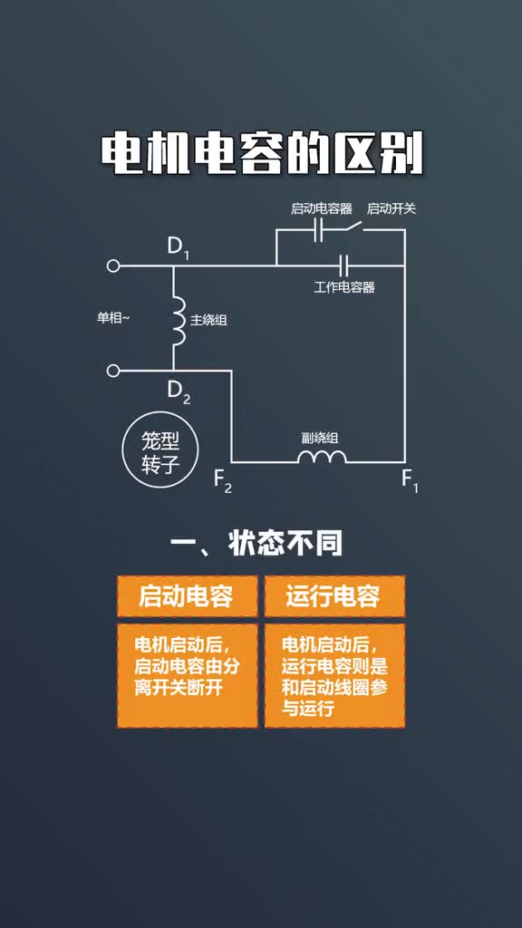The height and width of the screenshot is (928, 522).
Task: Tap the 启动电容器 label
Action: [322, 208]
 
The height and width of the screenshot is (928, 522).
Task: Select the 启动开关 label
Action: [391, 208]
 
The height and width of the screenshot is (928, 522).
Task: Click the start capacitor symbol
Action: [318, 230]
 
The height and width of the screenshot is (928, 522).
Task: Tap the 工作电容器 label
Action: [344, 287]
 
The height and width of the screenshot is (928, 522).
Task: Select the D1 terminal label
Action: [178, 246]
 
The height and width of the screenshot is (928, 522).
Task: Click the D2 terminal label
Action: [179, 391]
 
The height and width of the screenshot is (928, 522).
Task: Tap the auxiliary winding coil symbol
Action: [322, 457]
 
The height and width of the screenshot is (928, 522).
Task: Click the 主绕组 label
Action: [208, 320]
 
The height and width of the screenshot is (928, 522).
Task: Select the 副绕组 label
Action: [320, 438]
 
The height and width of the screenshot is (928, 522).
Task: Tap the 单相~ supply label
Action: [113, 318]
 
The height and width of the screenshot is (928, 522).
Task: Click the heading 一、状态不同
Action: [256, 544]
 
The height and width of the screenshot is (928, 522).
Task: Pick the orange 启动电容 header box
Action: [187, 596]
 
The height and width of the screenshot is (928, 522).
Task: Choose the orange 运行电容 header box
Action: [334, 596]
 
